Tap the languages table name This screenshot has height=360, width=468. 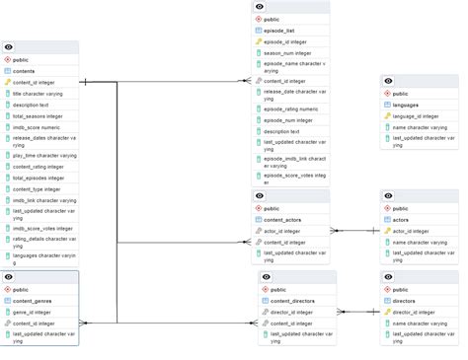[x=407, y=104]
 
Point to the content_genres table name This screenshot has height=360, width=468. [x=32, y=301]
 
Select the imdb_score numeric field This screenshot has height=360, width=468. [x=38, y=127]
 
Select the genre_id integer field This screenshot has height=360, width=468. [x=36, y=312]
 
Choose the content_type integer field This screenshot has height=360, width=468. [x=38, y=188]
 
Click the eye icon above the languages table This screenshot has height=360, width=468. [x=388, y=81]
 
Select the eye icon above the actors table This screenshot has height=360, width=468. [x=388, y=196]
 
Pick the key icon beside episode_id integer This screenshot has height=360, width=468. [x=259, y=41]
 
